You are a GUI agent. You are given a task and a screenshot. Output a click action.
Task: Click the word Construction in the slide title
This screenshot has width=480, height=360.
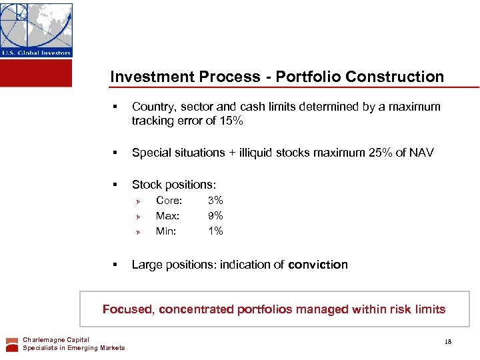tap(402, 77)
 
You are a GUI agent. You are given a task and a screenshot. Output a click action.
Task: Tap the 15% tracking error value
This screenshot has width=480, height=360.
tap(231, 121)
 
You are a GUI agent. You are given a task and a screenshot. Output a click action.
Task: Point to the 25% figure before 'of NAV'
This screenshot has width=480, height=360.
tap(380, 153)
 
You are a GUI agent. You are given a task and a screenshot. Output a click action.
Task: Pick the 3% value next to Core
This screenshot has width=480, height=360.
tap(215, 200)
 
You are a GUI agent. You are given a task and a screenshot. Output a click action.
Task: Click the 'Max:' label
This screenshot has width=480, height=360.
tap(167, 215)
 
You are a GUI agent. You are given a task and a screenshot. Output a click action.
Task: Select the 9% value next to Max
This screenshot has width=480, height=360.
tap(215, 215)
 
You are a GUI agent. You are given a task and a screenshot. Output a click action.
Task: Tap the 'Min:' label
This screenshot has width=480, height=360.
tap(167, 231)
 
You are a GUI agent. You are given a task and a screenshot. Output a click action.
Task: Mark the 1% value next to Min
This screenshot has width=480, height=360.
tap(215, 231)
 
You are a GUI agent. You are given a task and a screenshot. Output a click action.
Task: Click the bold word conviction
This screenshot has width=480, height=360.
tap(318, 265)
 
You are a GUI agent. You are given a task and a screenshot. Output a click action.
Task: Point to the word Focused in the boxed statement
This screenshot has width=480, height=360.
tap(129, 309)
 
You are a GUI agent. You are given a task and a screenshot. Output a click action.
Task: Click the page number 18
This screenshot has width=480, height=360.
tap(448, 342)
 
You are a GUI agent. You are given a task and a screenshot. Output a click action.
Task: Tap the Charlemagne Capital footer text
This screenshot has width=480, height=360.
tap(56, 340)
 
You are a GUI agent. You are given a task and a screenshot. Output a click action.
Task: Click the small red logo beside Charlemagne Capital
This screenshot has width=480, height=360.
tap(12, 344)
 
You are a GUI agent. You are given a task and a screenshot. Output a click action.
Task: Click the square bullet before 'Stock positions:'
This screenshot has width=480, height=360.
tap(115, 185)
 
